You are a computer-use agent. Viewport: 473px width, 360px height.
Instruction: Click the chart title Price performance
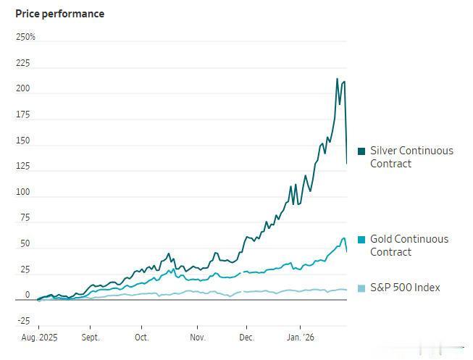pyautogui.click(x=59, y=14)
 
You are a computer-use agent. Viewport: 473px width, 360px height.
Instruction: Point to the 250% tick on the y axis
pyautogui.click(x=25, y=37)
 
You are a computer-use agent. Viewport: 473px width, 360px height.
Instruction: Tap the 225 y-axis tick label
pyautogui.click(x=23, y=63)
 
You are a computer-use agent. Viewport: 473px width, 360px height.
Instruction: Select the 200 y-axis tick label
pyautogui.click(x=23, y=89)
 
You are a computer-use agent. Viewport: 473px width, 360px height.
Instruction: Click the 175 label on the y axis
pyautogui.click(x=23, y=114)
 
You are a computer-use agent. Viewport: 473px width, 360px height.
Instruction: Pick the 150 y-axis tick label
pyautogui.click(x=23, y=141)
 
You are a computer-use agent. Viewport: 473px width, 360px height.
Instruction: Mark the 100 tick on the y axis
pyautogui.click(x=23, y=192)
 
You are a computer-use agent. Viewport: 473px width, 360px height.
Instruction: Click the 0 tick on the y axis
pyautogui.click(x=28, y=295)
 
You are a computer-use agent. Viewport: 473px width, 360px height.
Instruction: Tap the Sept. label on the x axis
pyautogui.click(x=90, y=338)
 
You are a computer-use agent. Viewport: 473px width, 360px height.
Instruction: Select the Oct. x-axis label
pyautogui.click(x=141, y=338)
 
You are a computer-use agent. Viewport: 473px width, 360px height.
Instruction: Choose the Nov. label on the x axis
pyautogui.click(x=198, y=338)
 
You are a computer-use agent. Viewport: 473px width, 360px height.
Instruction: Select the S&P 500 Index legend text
pyautogui.click(x=405, y=288)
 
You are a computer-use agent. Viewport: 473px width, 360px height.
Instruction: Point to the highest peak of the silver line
pyautogui.click(x=337, y=79)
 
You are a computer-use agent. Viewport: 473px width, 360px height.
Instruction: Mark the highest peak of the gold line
pyautogui.click(x=343, y=238)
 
